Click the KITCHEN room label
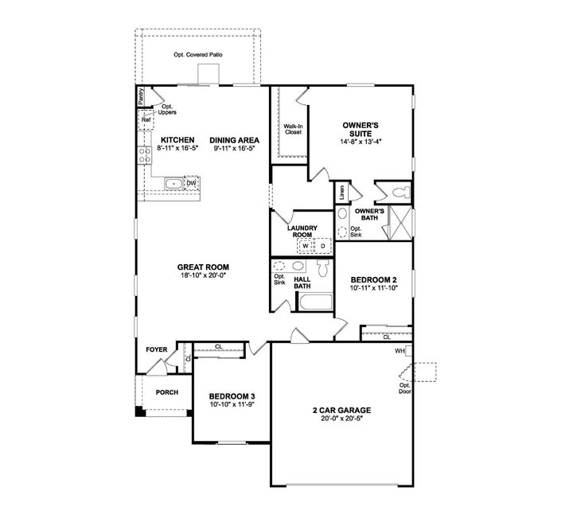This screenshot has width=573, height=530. click(173, 140)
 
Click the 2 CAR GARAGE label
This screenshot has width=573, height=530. click(341, 410)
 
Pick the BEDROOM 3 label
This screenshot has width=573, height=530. click(232, 396)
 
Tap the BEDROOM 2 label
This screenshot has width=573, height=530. click(373, 280)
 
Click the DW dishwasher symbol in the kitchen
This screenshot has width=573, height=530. click(191, 184)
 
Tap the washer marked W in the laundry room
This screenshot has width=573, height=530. click(305, 245)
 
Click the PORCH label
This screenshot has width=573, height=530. click(166, 392)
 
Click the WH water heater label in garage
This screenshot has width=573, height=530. click(400, 350)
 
